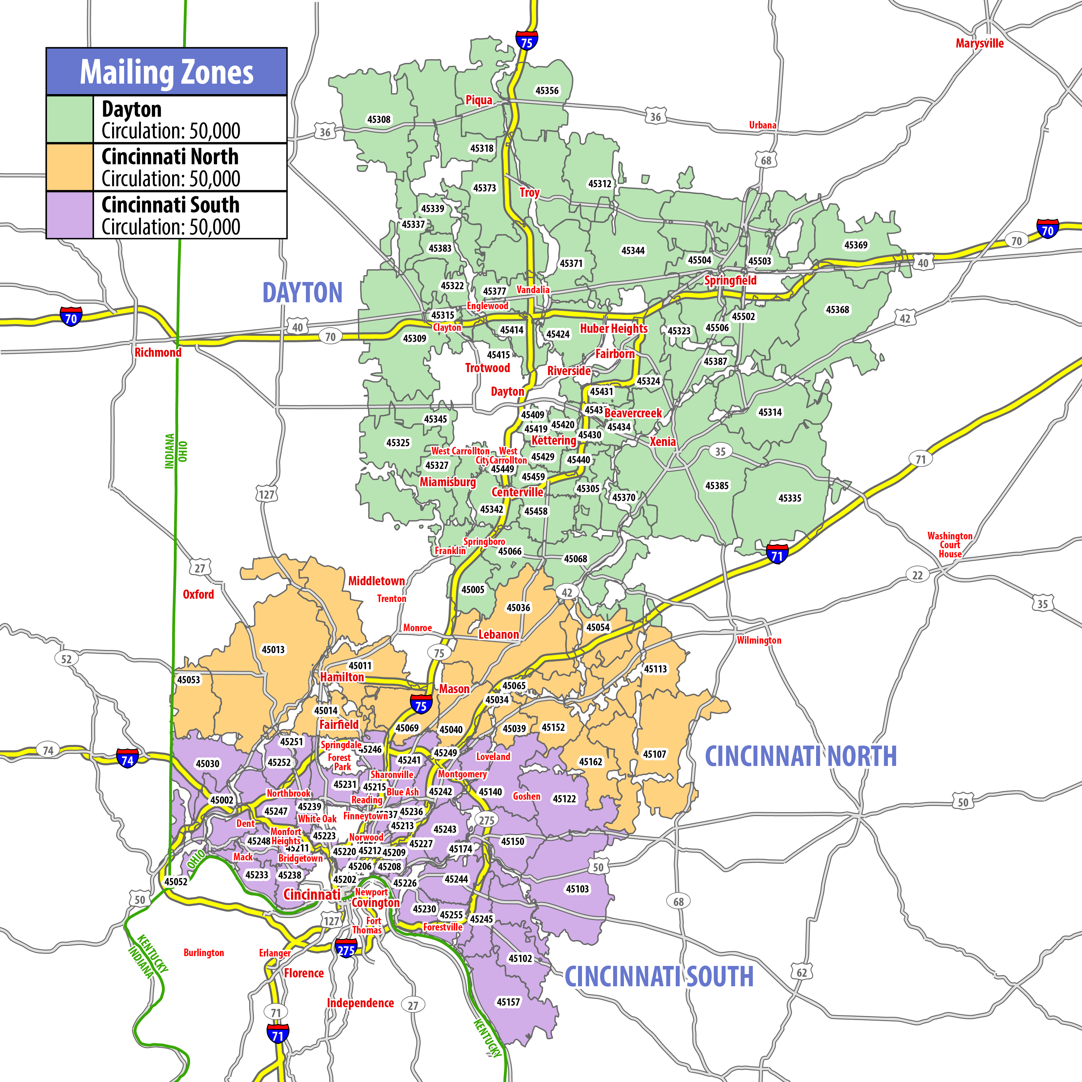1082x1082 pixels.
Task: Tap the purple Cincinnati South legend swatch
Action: (70, 215)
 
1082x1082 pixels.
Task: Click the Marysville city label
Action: (979, 43)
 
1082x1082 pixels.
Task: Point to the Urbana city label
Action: (762, 125)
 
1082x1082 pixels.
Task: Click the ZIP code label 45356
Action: (547, 91)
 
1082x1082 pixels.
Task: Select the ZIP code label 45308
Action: (379, 119)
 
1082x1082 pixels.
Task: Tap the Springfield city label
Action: (730, 280)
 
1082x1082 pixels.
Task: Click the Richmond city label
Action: (158, 352)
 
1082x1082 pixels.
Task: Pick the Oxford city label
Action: (198, 594)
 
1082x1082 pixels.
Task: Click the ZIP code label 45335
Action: (790, 498)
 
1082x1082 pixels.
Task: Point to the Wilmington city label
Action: (758, 640)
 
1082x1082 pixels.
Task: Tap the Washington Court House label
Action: (950, 545)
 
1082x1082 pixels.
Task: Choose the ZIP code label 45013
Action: (273, 650)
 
